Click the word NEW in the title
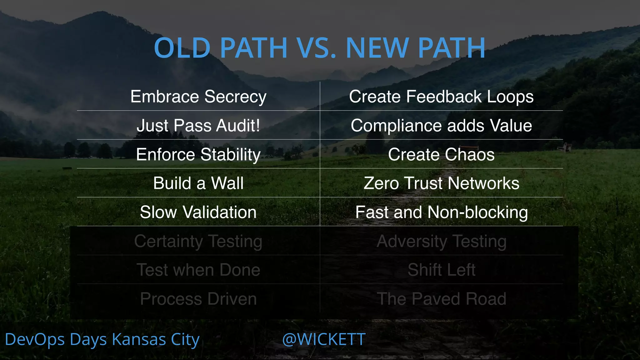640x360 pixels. pyautogui.click(x=377, y=48)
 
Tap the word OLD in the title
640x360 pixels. pyautogui.click(x=182, y=48)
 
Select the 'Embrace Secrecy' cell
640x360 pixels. pyautogui.click(x=198, y=97)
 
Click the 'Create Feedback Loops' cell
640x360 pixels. pyautogui.click(x=441, y=97)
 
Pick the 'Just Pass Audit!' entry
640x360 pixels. pyautogui.click(x=198, y=126)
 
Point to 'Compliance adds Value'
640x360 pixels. pyautogui.click(x=441, y=126)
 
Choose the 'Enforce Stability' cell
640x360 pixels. pyautogui.click(x=198, y=154)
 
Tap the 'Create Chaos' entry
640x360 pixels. pyautogui.click(x=441, y=154)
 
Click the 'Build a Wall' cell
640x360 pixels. pyautogui.click(x=198, y=183)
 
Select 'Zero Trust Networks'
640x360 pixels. pyautogui.click(x=441, y=183)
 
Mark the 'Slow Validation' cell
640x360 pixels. pyautogui.click(x=198, y=212)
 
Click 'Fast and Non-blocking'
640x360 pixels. pyautogui.click(x=441, y=212)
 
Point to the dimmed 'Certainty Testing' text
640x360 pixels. pyautogui.click(x=198, y=241)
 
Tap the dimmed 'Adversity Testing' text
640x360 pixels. pyautogui.click(x=441, y=241)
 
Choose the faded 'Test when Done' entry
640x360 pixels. pyautogui.click(x=198, y=270)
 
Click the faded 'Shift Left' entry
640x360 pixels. pyautogui.click(x=441, y=270)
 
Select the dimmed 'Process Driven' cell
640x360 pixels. pyautogui.click(x=198, y=299)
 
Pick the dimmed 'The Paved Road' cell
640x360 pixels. pyautogui.click(x=441, y=299)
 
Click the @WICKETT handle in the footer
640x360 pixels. pyautogui.click(x=324, y=339)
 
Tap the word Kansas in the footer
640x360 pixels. pyautogui.click(x=139, y=339)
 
